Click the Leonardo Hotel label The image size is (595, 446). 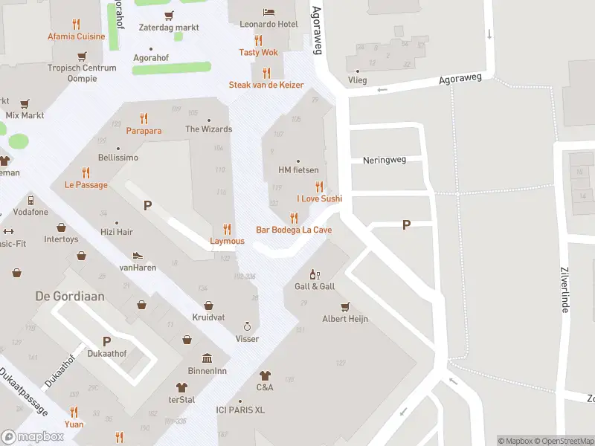(268, 25)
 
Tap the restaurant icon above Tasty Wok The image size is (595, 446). (259, 40)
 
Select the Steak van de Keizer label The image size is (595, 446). (266, 85)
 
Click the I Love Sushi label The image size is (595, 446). (319, 198)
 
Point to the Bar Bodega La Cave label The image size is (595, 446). (294, 230)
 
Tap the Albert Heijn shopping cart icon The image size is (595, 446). (345, 306)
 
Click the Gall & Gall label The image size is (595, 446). (315, 286)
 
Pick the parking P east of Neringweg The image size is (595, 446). (406, 224)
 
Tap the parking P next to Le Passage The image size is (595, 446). (147, 205)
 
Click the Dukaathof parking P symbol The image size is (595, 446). (106, 341)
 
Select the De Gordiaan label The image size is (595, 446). (70, 296)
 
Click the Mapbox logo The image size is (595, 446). (33, 436)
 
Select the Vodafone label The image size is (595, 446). (30, 212)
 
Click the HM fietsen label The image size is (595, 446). (298, 170)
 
